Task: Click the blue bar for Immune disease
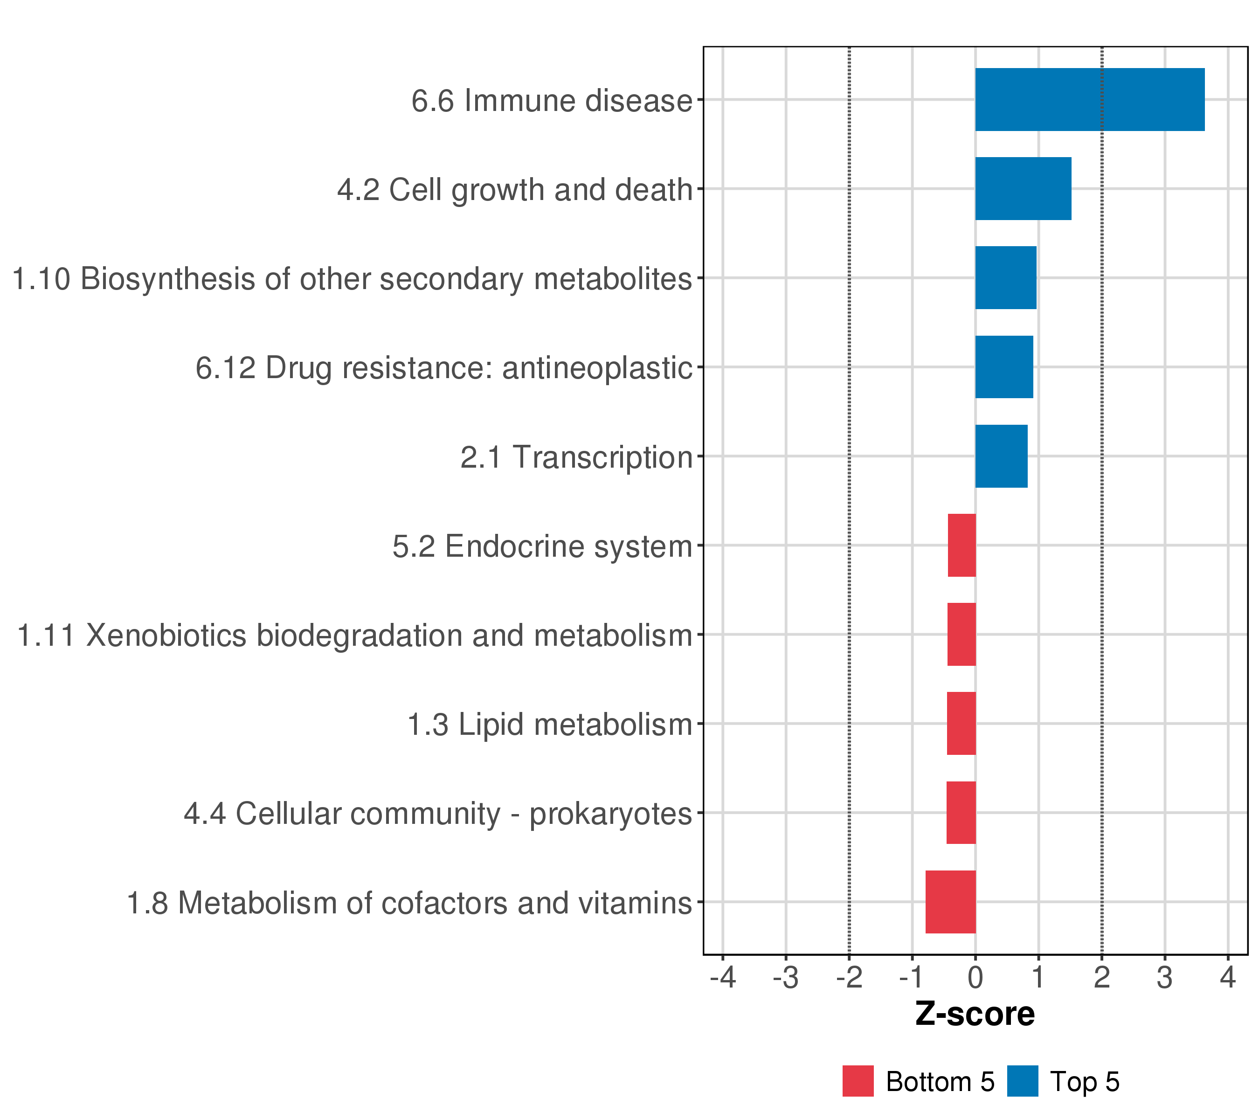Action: click(x=1089, y=100)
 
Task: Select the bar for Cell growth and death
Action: click(x=1023, y=188)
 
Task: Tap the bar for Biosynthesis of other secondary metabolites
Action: click(x=1005, y=278)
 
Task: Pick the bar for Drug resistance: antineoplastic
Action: click(x=1003, y=367)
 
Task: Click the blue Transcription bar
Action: click(x=1001, y=456)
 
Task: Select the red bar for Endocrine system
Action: click(x=962, y=545)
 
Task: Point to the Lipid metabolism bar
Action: click(x=961, y=724)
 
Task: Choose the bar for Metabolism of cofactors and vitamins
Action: click(x=950, y=902)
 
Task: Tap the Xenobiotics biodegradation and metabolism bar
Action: click(x=961, y=634)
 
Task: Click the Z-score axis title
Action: click(x=975, y=1014)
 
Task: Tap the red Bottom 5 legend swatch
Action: click(x=858, y=1081)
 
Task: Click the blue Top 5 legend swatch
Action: click(x=1023, y=1081)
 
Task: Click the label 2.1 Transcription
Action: click(x=576, y=457)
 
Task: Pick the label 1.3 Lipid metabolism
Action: click(x=549, y=724)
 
